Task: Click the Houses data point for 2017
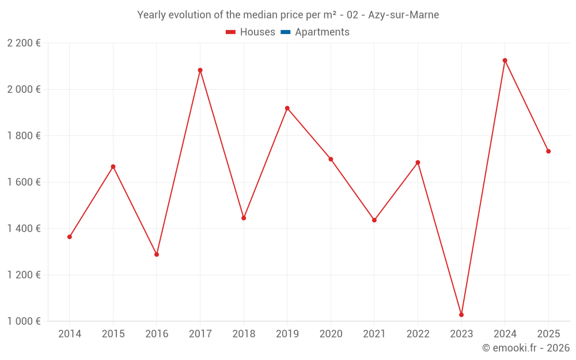[x=200, y=70]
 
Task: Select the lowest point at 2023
[x=461, y=314]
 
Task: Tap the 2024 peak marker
[x=505, y=60]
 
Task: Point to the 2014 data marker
[x=70, y=237]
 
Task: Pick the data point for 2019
[x=287, y=108]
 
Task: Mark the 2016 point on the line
[x=157, y=254]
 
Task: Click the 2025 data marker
[x=548, y=151]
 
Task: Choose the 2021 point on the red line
[x=374, y=220]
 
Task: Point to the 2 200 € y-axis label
[x=24, y=43]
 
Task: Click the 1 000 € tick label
[x=24, y=321]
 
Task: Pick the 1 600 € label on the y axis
[x=24, y=182]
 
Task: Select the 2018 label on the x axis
[x=244, y=334]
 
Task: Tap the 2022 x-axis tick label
[x=418, y=334]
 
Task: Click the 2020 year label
[x=331, y=334]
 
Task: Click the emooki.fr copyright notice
[x=526, y=348]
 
